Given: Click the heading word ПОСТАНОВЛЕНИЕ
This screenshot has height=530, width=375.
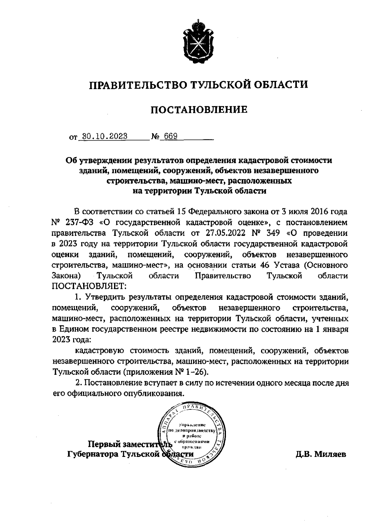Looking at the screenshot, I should pyautogui.click(x=199, y=110).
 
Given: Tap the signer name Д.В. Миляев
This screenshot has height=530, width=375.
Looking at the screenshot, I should pyautogui.click(x=321, y=454).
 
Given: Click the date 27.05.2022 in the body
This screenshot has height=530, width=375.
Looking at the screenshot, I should pyautogui.click(x=225, y=233).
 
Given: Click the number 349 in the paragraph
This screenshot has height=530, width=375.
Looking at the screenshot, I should pyautogui.click(x=272, y=233).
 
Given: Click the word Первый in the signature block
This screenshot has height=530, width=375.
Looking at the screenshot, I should pyautogui.click(x=104, y=443).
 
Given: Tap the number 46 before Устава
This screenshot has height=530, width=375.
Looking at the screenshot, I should pyautogui.click(x=265, y=265).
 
